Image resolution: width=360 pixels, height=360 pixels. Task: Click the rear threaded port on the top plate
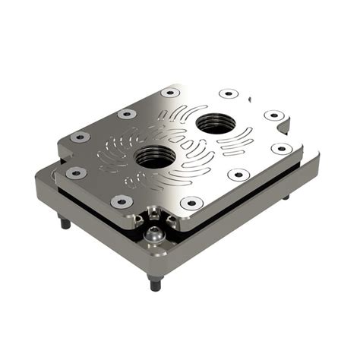click(216, 123)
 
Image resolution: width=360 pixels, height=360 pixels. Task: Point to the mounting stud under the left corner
click(65, 222)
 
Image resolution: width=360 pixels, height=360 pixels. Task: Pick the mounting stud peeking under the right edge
click(286, 196)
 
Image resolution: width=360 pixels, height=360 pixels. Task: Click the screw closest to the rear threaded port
click(229, 94)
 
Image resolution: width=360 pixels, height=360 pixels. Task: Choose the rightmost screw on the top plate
click(281, 148)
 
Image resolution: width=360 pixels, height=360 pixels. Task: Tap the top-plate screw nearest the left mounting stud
click(76, 173)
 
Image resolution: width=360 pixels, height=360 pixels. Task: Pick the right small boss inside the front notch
click(170, 223)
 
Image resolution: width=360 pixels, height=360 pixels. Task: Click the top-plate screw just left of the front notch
click(121, 201)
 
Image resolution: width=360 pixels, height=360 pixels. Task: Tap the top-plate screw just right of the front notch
click(191, 202)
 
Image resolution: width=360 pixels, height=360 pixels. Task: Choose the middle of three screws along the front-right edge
click(238, 174)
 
